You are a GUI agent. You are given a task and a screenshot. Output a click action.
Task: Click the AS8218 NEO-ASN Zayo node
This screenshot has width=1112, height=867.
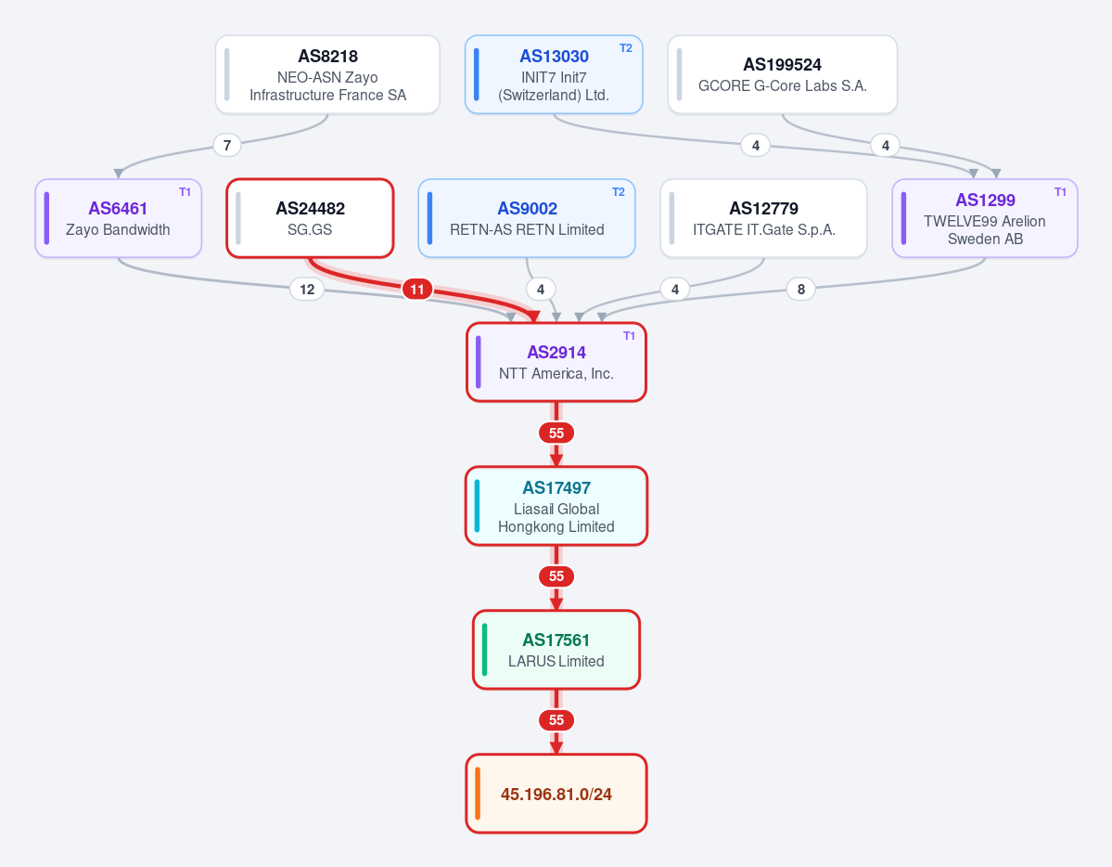327,74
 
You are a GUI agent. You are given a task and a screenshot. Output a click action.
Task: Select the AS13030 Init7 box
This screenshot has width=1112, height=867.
554,74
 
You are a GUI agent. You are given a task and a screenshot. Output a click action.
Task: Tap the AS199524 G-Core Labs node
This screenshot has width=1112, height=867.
782,74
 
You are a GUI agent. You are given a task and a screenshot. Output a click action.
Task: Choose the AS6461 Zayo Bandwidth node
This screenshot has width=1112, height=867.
119,218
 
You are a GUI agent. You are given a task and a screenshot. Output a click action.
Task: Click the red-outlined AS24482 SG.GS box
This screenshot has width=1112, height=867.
310,218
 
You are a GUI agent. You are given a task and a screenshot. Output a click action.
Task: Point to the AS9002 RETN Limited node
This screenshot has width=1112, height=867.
527,218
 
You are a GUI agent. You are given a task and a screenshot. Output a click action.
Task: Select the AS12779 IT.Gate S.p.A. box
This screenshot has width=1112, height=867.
764,218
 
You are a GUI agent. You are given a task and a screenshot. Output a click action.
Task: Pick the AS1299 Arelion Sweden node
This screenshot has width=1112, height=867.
985,218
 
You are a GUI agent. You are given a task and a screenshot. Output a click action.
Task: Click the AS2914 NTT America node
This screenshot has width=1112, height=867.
556,362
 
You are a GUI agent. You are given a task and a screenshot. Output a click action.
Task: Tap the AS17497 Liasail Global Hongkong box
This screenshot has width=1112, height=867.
556,506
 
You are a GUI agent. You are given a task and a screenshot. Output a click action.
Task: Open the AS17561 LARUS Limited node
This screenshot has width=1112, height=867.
556,650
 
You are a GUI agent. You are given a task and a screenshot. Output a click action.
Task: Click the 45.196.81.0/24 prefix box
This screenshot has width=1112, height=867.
556,793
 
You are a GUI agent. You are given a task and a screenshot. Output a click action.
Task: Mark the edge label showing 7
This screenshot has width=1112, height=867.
227,146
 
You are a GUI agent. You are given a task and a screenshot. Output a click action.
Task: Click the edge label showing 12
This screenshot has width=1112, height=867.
307,289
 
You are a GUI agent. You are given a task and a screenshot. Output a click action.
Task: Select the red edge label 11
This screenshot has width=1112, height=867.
417,289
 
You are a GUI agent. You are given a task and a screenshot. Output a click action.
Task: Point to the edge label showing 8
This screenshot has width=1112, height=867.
801,289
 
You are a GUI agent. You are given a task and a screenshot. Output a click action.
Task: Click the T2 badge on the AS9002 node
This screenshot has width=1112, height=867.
619,192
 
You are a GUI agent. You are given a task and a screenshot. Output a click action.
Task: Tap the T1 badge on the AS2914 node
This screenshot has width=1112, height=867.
629,336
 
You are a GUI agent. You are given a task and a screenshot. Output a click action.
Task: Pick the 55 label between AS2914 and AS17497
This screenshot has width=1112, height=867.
556,433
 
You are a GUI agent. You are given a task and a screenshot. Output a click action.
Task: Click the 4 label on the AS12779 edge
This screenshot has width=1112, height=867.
675,289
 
